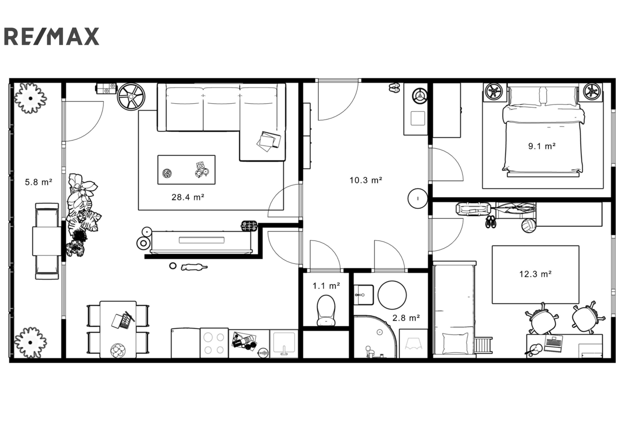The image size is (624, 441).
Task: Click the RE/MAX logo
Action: click(51, 36)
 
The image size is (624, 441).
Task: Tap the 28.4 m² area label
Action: click(188, 197)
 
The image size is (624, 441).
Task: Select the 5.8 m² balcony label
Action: click(38, 182)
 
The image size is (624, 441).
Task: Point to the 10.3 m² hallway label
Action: click(365, 180)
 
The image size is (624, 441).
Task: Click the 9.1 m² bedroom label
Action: click(542, 146)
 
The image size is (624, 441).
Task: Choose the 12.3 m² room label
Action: click(535, 274)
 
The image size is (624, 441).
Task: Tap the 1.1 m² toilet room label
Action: click(326, 286)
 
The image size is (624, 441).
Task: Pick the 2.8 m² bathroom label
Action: click(406, 318)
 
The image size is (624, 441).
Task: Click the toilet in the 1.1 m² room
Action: click(326, 310)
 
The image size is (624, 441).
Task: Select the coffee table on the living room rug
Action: click(186, 170)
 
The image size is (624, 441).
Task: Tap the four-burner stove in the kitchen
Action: click(214, 343)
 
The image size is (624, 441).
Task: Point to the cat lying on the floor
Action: click(194, 267)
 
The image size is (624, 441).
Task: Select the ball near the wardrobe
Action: click(529, 225)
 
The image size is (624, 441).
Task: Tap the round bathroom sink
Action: click(392, 295)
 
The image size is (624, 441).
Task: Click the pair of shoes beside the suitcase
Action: click(490, 222)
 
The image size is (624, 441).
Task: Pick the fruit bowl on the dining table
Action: click(118, 350)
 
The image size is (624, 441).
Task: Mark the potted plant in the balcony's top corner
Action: click(30, 98)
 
